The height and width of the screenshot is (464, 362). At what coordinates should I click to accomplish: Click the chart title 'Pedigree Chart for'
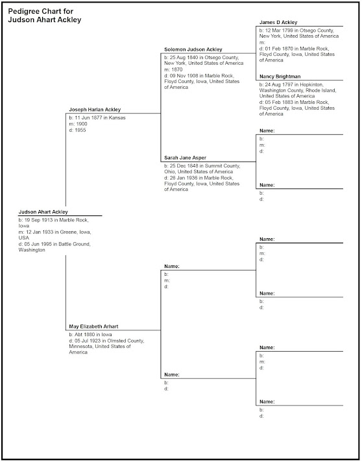point(40,11)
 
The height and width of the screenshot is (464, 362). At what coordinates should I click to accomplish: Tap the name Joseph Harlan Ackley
point(95,110)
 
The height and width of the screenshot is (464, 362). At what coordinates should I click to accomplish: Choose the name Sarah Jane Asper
point(186,158)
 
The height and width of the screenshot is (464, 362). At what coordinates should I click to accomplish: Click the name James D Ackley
point(278,22)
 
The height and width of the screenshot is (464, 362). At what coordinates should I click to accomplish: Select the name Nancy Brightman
point(279,76)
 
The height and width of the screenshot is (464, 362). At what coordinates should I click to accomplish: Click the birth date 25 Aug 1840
point(187,58)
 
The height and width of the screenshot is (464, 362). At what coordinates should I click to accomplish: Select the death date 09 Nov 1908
point(186,75)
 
